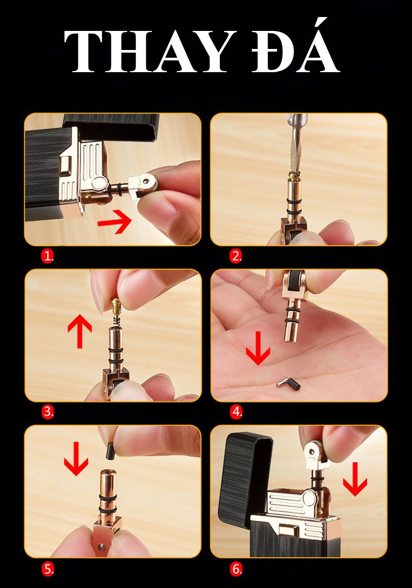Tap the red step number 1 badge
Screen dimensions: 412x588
coord(47,256)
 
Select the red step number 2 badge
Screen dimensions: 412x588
coord(236,256)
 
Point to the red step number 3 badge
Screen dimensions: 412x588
coord(47,412)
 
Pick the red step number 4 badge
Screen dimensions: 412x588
coord(236,412)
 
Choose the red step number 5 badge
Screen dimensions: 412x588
coord(47,569)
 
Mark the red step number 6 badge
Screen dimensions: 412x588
coord(236,569)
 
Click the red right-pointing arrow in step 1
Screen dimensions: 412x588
coord(114,222)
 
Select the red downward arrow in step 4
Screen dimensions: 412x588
coord(258,348)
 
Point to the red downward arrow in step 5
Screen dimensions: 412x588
coord(76,459)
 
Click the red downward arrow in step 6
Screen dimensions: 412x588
coord(355,479)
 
